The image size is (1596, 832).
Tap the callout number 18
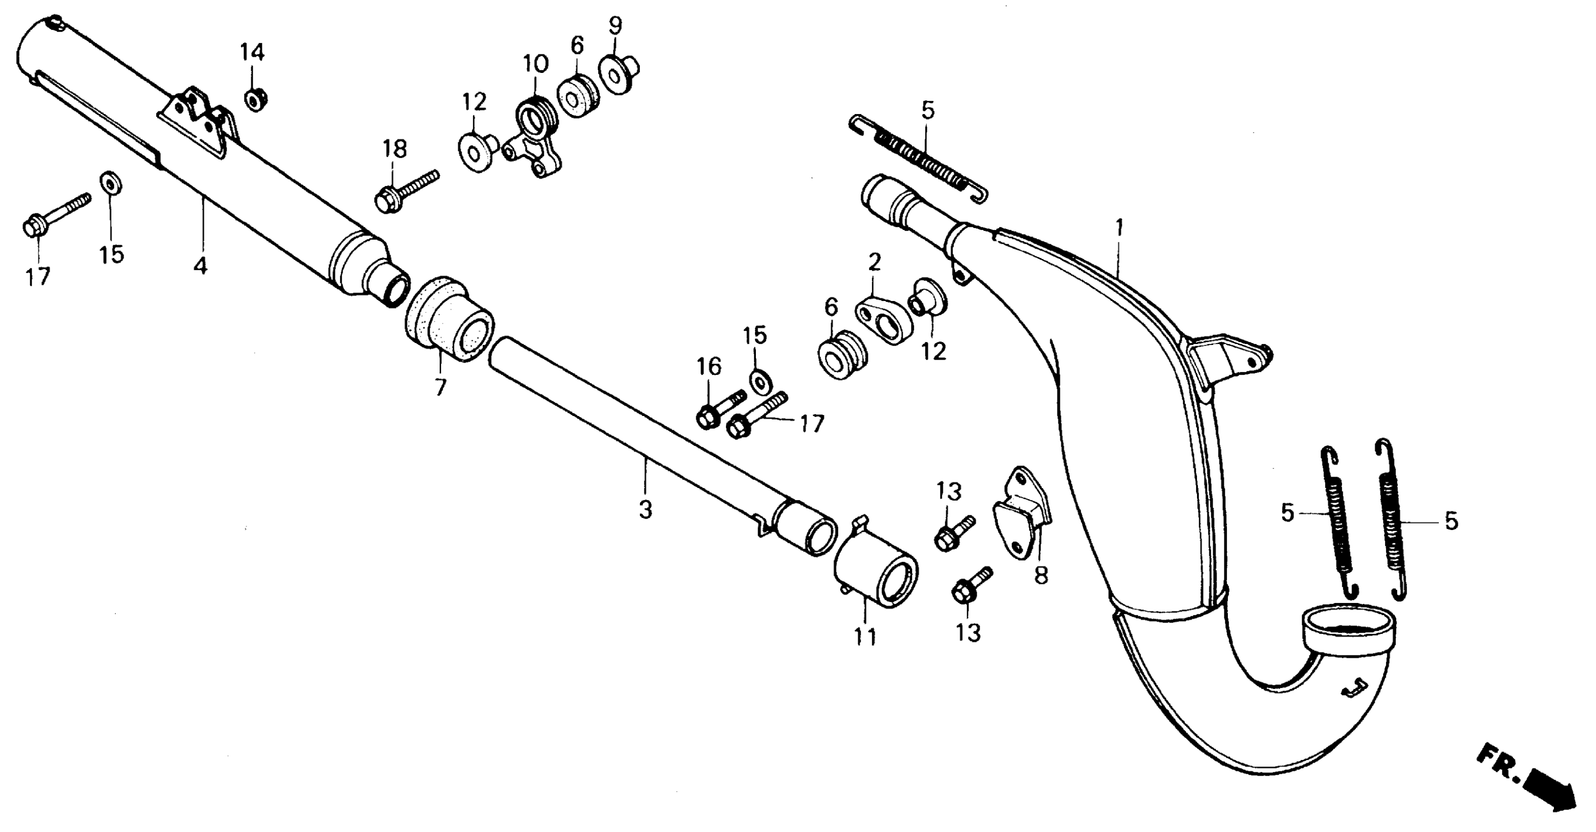coord(394,149)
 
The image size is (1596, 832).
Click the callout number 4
coord(200,266)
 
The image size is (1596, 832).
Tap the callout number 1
coord(1119,228)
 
